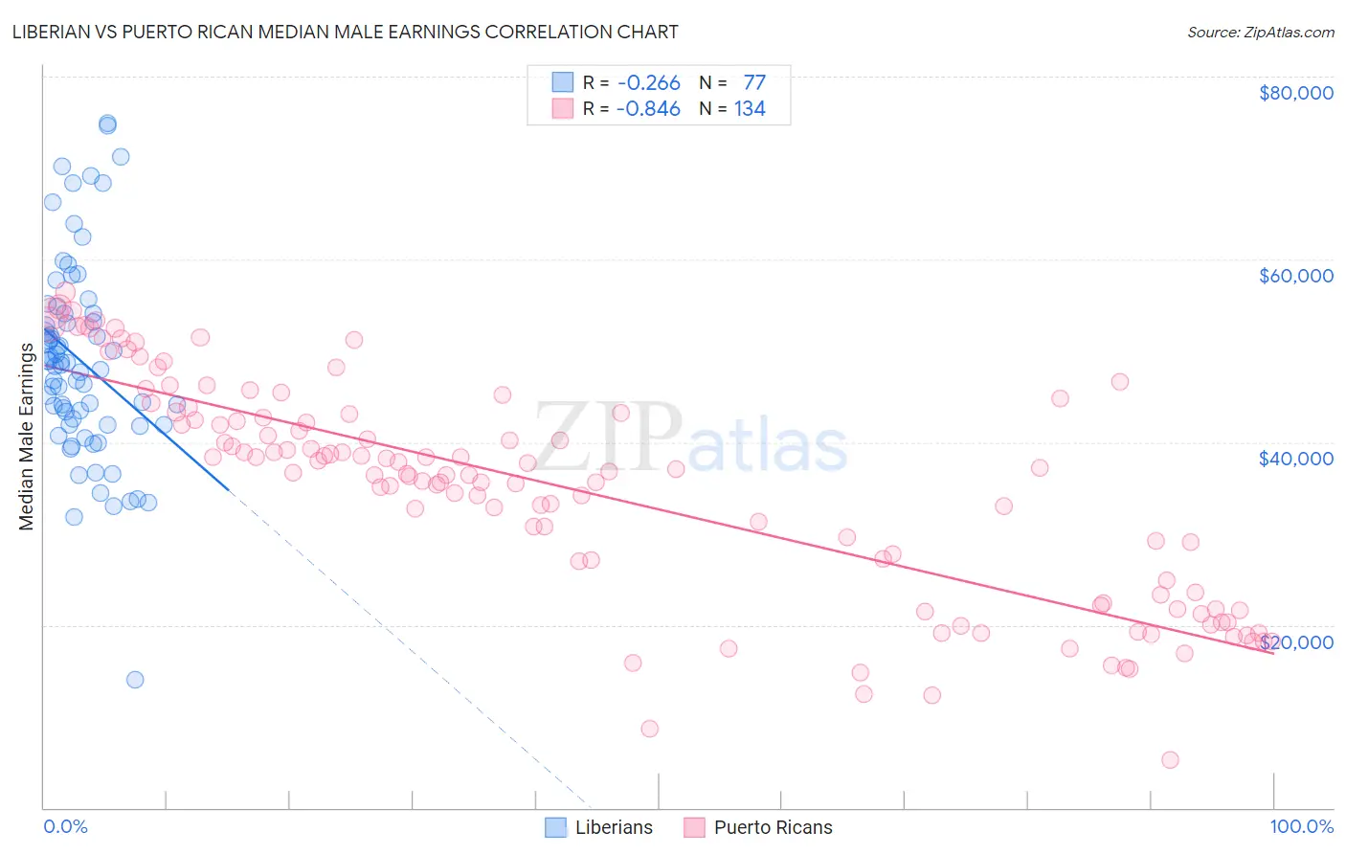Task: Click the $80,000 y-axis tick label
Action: pos(1295,93)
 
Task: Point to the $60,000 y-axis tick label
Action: pos(1295,276)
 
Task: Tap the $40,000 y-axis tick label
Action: pos(1295,459)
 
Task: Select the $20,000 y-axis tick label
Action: pos(1295,641)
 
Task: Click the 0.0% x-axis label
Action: pos(65,826)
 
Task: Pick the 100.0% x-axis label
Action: pos(1301,826)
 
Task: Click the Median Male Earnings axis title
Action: pos(27,437)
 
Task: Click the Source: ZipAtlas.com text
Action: pos(1260,32)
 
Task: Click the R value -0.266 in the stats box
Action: pos(648,82)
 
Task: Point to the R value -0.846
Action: pos(648,109)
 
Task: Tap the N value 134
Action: pos(750,109)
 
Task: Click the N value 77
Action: pos(754,82)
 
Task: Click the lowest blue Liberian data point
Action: pos(135,680)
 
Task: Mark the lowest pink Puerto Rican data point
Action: pos(1170,760)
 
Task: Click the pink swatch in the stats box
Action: pos(562,109)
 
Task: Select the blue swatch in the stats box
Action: pos(562,82)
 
